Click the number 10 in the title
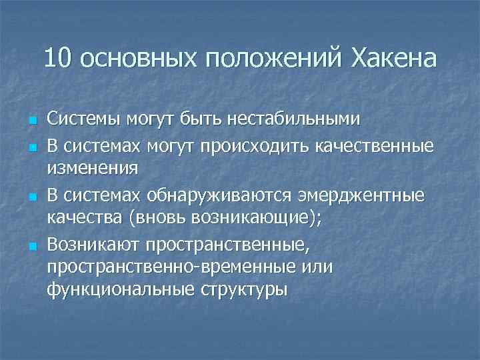(59, 59)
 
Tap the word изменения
(93, 168)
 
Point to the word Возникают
(96, 243)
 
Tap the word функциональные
(116, 291)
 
